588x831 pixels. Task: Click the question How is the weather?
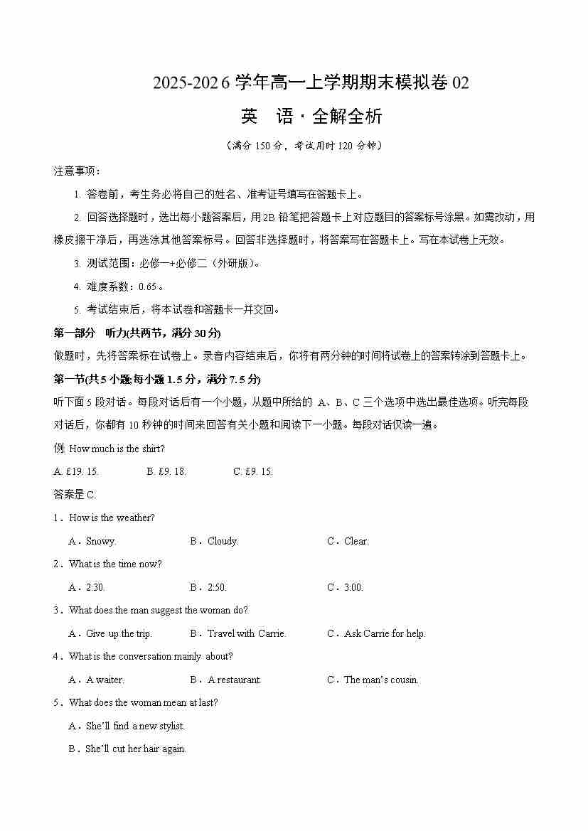(112, 518)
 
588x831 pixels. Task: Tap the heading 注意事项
(77, 171)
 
